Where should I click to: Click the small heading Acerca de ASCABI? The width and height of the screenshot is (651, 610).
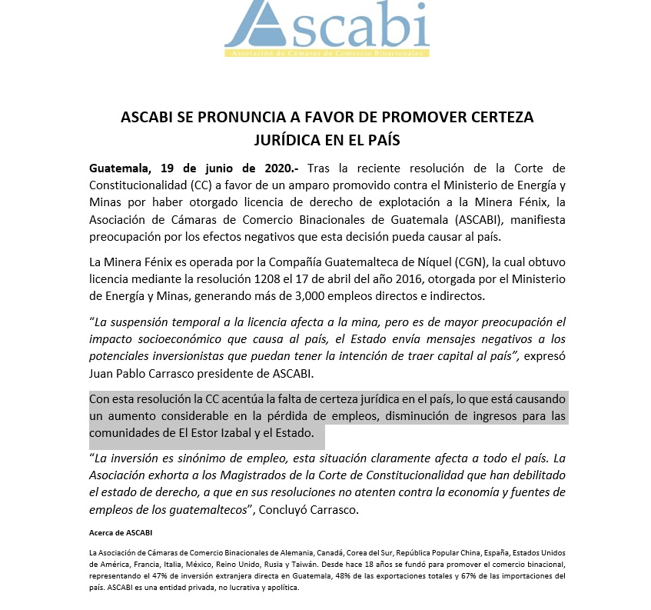[115, 532]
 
